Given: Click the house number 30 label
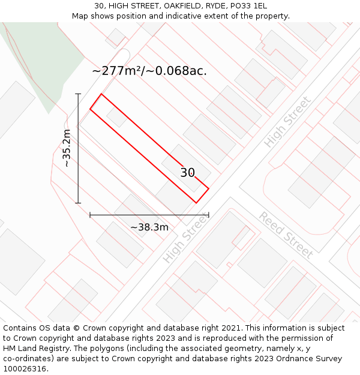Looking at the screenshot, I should (x=188, y=173).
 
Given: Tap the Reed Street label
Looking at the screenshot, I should (x=286, y=235).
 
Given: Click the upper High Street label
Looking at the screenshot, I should (x=287, y=122).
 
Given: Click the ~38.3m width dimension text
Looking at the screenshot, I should (x=149, y=227).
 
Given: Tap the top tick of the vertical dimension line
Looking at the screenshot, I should (x=78, y=94).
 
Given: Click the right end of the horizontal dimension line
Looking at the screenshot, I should (x=209, y=215).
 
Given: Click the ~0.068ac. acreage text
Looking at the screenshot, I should (x=181, y=71).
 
